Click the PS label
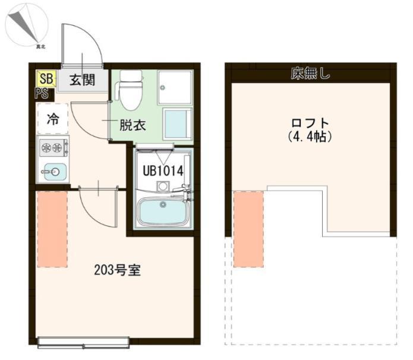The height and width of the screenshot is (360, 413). tap(41, 93)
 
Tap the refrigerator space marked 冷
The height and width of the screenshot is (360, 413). tap(53, 118)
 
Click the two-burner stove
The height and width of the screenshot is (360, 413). tap(52, 148)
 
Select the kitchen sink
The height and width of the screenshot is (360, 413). tap(53, 172)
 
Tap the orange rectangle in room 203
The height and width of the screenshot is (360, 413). tap(52, 229)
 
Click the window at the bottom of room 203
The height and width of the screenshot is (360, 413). tap(83, 342)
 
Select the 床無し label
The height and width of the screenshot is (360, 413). tap(310, 74)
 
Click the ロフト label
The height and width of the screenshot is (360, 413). tap(310, 123)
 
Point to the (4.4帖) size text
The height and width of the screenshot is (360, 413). tap(310, 136)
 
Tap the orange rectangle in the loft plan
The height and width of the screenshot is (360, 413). tap(248, 229)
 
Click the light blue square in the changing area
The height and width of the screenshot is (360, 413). tap(177, 124)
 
